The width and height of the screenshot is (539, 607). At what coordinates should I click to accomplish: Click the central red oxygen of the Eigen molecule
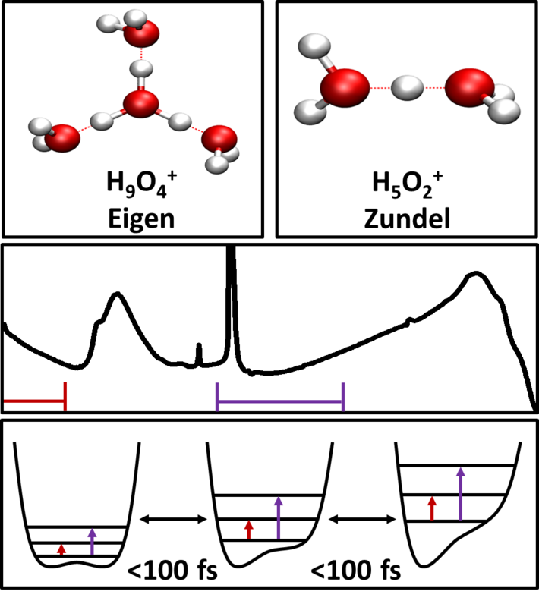pyautogui.click(x=140, y=104)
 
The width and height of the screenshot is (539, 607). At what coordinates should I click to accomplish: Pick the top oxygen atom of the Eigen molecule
pyautogui.click(x=143, y=33)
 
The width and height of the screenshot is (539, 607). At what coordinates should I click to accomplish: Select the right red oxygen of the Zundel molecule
pyautogui.click(x=466, y=88)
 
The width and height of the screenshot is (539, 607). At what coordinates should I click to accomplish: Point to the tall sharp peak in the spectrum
pyautogui.click(x=231, y=303)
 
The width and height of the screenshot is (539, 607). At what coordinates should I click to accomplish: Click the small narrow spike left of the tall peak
pyautogui.click(x=199, y=353)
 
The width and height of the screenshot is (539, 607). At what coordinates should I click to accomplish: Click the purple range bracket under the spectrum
pyautogui.click(x=280, y=395)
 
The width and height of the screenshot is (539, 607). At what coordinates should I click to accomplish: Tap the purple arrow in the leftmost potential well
pyautogui.click(x=93, y=542)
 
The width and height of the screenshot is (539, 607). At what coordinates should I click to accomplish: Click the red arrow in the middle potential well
pyautogui.click(x=249, y=530)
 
